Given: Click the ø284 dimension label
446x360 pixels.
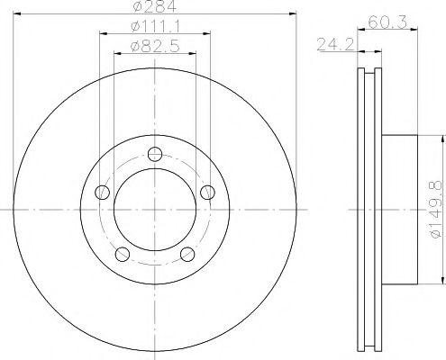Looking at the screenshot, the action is (x=155, y=6).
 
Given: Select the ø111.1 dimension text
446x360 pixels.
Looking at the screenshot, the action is (x=155, y=27).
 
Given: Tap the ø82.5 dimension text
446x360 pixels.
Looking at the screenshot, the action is (x=155, y=47).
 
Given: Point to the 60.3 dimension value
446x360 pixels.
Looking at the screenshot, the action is (x=387, y=22).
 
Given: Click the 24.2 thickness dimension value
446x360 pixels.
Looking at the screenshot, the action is (x=336, y=45).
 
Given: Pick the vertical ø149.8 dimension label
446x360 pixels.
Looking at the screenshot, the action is (x=436, y=210).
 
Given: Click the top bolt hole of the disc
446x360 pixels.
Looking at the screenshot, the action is (x=155, y=154).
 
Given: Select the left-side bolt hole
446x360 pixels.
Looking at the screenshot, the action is (x=102, y=193).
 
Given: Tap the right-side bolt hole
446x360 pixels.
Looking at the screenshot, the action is (x=207, y=193).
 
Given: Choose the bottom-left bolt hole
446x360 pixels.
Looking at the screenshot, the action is (x=123, y=254).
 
